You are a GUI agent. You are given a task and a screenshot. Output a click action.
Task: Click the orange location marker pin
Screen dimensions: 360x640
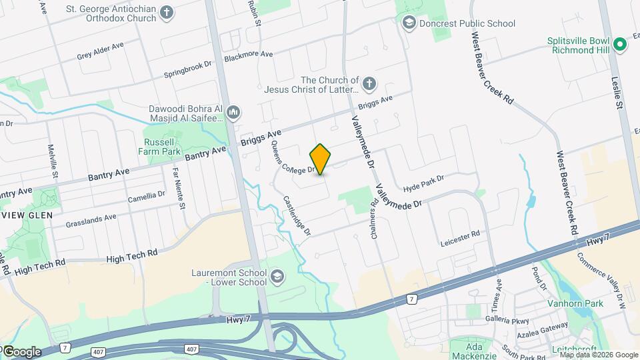(x=321, y=159)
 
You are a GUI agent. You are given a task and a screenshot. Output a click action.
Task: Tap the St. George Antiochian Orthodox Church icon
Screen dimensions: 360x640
(x=167, y=13)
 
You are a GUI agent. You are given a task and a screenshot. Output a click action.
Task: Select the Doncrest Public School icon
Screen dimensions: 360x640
(x=408, y=23)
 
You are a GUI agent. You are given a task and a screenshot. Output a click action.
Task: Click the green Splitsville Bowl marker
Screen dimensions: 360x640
(x=620, y=45)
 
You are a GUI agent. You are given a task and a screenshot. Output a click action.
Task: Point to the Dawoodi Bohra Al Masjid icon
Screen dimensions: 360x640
(x=233, y=112)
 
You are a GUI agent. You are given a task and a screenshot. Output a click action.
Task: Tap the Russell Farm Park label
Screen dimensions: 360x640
(x=162, y=147)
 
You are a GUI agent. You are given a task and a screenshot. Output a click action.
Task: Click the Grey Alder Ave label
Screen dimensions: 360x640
(x=100, y=51)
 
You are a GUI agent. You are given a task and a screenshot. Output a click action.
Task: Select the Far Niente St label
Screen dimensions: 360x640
(x=177, y=187)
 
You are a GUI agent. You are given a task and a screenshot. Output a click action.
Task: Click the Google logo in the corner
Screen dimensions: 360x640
(x=21, y=352)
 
